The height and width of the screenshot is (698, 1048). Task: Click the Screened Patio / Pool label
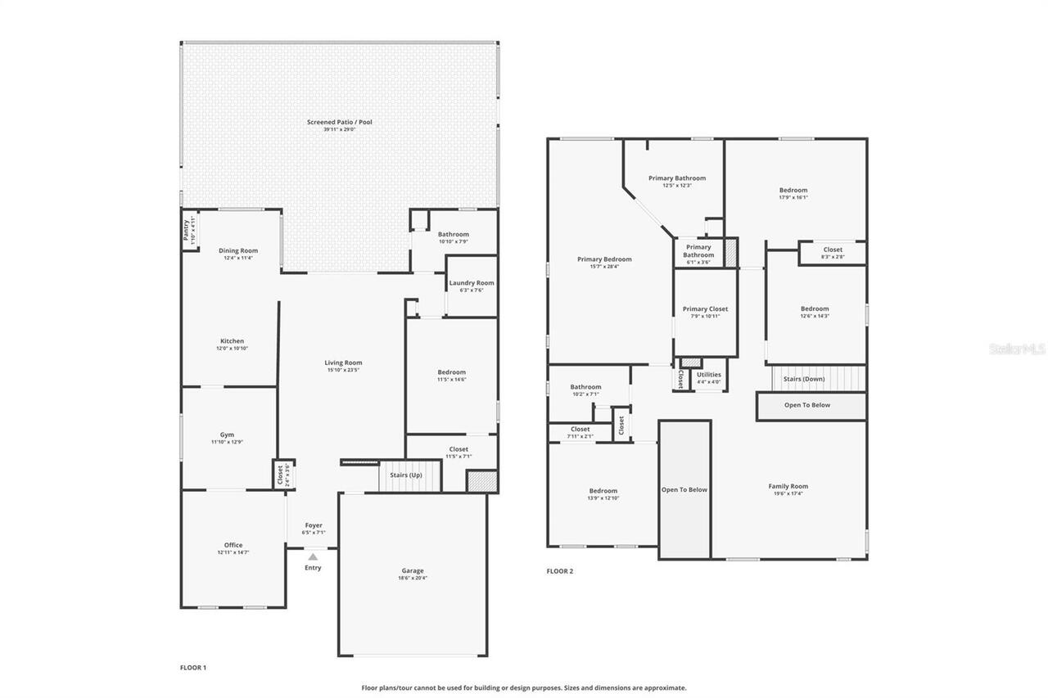[339, 122]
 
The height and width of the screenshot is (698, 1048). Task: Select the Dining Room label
[237, 250]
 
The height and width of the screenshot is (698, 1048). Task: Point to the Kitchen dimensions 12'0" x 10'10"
[232, 349]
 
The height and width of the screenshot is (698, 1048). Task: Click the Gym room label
[227, 435]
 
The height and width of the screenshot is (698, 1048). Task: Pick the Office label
[233, 545]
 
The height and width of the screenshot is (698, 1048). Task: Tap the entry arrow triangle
[313, 556]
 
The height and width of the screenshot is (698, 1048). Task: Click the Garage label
[413, 570]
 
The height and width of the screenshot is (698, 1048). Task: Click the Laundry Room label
[472, 283]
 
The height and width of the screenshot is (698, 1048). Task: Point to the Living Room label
[343, 363]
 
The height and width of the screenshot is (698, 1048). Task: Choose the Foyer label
[314, 525]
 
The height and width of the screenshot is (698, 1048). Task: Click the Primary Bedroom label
[604, 259]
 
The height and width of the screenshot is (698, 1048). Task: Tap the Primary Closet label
[705, 308]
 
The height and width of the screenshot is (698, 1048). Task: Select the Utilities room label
[709, 374]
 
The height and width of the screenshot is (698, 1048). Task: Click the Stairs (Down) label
[804, 379]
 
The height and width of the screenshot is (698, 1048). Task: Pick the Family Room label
[788, 486]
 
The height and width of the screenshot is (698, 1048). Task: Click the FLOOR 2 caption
[560, 571]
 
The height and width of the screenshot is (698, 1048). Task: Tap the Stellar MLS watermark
[1016, 349]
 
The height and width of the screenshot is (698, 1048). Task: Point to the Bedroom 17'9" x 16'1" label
[793, 190]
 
